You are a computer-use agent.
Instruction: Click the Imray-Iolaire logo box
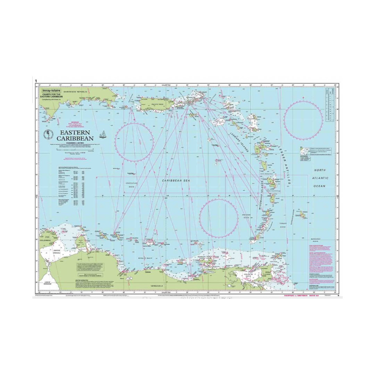point(51,90)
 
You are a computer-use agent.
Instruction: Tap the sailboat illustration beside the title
point(102,134)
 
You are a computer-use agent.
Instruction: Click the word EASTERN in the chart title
point(75,132)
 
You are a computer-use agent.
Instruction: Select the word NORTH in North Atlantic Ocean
point(320,170)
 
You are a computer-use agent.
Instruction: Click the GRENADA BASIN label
point(247,215)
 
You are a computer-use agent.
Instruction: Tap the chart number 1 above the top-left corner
point(36,81)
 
